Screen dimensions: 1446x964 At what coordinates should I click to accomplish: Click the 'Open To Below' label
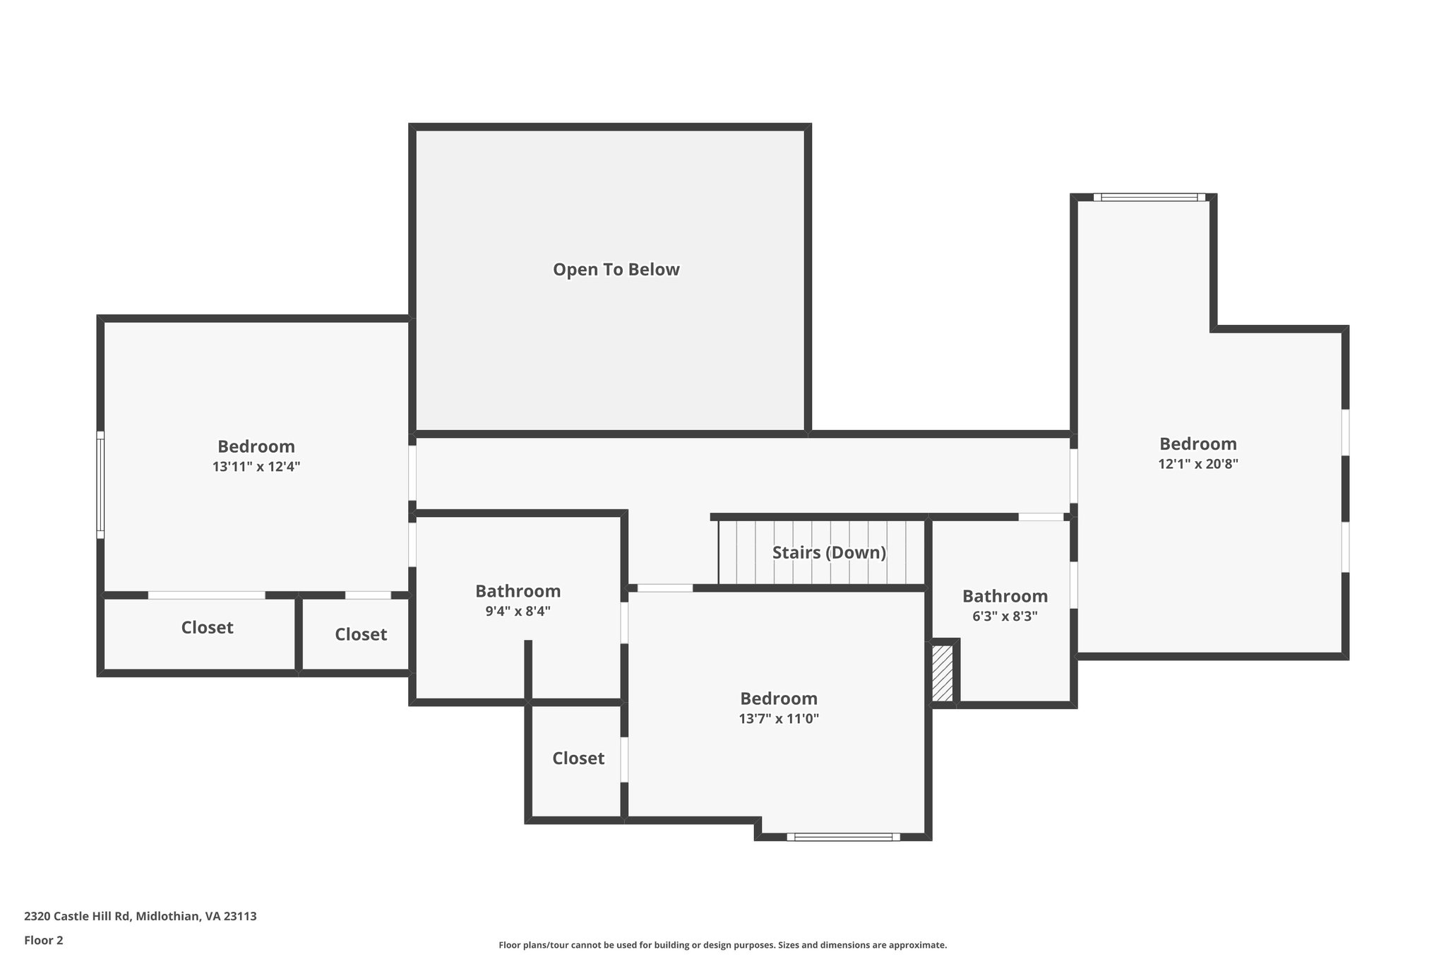click(x=616, y=270)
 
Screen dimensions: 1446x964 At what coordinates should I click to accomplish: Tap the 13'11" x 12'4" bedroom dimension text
click(x=256, y=467)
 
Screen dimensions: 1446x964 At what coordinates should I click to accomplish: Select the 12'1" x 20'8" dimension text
click(x=1198, y=464)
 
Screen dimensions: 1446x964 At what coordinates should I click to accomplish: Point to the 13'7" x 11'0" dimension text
click(x=779, y=719)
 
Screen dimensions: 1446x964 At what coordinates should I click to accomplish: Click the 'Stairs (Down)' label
click(x=829, y=552)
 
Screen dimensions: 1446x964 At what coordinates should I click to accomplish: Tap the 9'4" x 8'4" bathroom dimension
click(x=518, y=612)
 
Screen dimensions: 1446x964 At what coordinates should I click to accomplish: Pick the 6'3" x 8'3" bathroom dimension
click(x=1005, y=617)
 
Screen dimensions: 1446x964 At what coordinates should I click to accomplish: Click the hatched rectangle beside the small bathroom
click(x=943, y=673)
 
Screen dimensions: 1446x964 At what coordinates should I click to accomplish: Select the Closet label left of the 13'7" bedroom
click(x=578, y=758)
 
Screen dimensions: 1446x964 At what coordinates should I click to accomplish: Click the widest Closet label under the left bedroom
click(x=207, y=628)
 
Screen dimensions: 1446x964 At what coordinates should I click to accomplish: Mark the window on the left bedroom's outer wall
click(x=100, y=485)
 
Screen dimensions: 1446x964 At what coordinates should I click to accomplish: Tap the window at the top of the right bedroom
click(x=1149, y=197)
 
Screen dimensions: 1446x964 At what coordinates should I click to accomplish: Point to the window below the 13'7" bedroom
click(x=844, y=837)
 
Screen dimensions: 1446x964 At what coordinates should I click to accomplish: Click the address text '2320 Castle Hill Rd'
click(x=77, y=917)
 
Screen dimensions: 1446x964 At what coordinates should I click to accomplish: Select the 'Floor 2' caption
click(x=44, y=941)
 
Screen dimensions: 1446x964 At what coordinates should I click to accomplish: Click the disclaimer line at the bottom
click(x=723, y=945)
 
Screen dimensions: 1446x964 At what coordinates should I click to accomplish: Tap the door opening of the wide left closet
click(x=207, y=595)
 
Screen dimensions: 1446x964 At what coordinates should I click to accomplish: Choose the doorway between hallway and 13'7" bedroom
click(x=665, y=588)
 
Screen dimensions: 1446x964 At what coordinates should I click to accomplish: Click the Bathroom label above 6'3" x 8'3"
click(x=1005, y=596)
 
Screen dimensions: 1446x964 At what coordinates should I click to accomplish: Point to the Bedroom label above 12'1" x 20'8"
click(x=1198, y=444)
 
